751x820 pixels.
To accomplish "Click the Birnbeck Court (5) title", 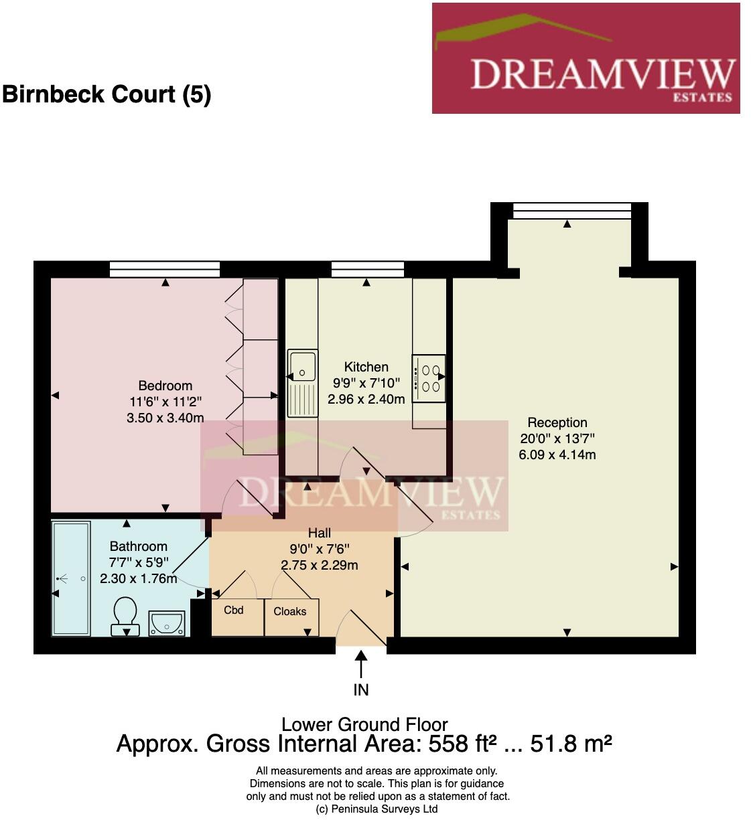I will (x=107, y=94).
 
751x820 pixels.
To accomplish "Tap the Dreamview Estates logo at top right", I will (x=586, y=58).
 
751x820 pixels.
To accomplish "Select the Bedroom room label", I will (x=165, y=386).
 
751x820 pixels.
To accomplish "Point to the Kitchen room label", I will (x=366, y=367).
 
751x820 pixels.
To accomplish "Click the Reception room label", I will (x=557, y=422).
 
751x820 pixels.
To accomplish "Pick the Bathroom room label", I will (x=138, y=546).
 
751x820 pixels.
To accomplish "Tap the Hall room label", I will (x=320, y=533).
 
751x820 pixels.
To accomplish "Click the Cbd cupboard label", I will (x=234, y=610).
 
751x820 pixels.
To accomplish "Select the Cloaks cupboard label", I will (x=290, y=611).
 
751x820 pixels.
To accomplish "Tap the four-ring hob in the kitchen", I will (x=429, y=378).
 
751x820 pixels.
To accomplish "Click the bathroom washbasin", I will (x=166, y=623).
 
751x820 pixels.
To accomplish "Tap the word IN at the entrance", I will (x=361, y=689).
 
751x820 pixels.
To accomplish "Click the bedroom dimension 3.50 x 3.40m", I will (x=165, y=418).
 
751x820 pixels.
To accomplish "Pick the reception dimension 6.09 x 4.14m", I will (x=557, y=455).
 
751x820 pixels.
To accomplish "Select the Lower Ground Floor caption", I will (x=364, y=724).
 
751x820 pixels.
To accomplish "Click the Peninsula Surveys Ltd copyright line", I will (x=377, y=809).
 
